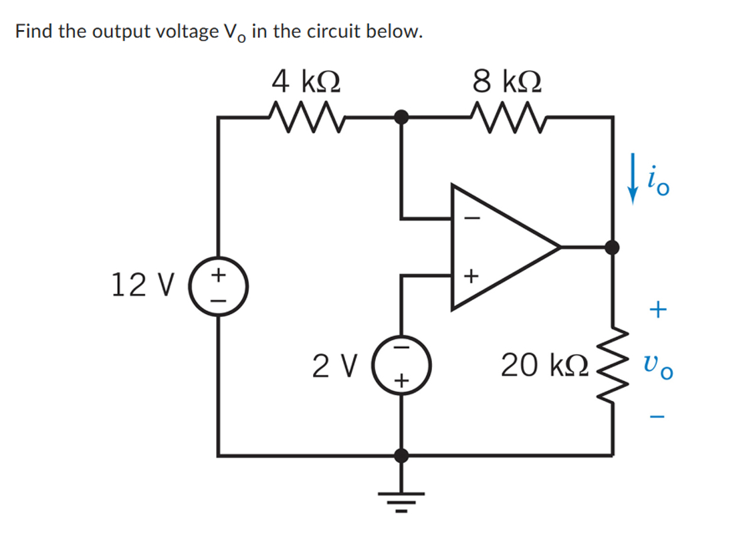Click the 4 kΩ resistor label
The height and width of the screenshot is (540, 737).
(x=306, y=83)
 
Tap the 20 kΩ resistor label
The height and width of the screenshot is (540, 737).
(x=545, y=366)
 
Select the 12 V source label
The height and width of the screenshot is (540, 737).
(x=141, y=285)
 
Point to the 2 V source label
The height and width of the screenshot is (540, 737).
(x=336, y=366)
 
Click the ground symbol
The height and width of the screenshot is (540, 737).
(x=401, y=499)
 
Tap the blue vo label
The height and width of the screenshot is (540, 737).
(x=658, y=366)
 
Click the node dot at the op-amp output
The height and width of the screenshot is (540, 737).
(x=613, y=247)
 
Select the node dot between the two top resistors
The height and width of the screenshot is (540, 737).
(x=401, y=117)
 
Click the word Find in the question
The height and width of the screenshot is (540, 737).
(x=34, y=31)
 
